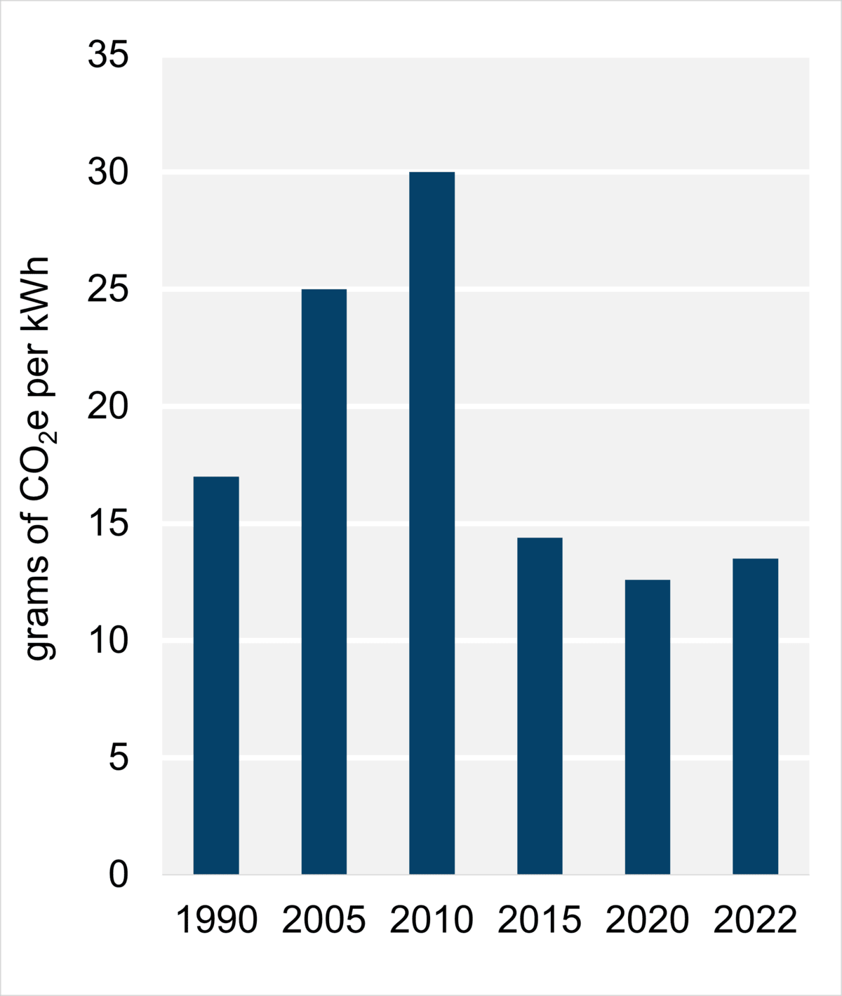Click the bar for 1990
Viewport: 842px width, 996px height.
point(216,675)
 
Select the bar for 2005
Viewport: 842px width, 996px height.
point(324,581)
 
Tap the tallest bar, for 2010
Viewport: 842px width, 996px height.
point(432,523)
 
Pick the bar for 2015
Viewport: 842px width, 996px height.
point(540,705)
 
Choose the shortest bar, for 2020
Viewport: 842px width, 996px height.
point(648,726)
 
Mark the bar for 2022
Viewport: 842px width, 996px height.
point(755,716)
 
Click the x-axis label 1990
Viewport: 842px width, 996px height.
point(216,920)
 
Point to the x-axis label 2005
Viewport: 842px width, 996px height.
point(324,920)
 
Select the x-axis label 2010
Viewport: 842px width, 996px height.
point(432,920)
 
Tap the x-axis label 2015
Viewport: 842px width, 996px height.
point(540,920)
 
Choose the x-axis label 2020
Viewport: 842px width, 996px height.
point(648,920)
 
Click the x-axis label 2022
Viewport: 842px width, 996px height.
point(755,920)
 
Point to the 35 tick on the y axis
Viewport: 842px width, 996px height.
point(108,55)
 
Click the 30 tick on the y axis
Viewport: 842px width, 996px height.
point(108,173)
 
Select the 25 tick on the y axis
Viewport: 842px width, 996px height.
point(108,290)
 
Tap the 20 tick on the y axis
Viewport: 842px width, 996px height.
point(108,407)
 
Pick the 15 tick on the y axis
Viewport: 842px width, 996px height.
point(108,524)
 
